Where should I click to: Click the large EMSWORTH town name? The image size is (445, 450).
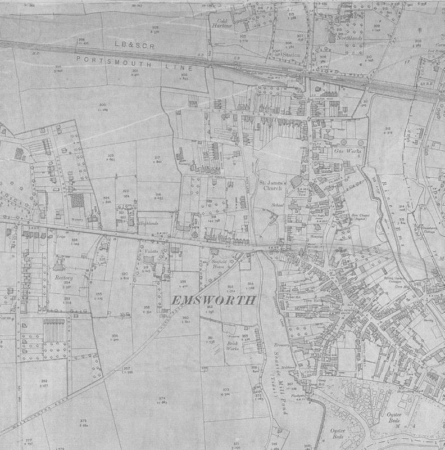pyautogui.click(x=213, y=300)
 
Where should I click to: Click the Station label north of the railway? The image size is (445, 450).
pyautogui.click(x=292, y=55)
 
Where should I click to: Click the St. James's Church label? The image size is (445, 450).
pyautogui.click(x=273, y=186)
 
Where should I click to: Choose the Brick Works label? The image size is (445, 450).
pyautogui.click(x=232, y=345)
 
